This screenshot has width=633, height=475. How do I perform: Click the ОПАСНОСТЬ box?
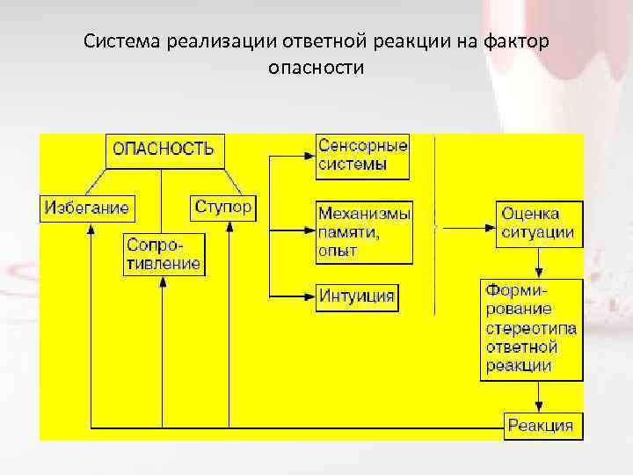point(164,150)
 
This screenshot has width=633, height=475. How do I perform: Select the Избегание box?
point(84,208)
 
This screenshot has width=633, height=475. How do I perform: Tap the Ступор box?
point(222,208)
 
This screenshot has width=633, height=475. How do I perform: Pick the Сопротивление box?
point(164,253)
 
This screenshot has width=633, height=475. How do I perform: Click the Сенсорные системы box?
point(362,155)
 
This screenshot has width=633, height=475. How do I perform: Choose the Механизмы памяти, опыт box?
point(363,232)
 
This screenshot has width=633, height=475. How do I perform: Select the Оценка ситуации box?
point(537,223)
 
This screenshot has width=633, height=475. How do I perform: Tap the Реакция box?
point(541,427)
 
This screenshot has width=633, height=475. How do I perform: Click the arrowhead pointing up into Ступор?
point(229,226)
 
